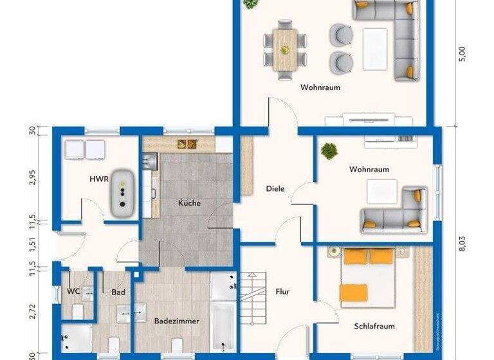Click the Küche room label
[x=190, y=203]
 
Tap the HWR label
[x=98, y=179]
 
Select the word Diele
[x=275, y=188]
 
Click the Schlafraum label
[x=374, y=326]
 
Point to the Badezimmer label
[x=176, y=321]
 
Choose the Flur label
[x=282, y=291]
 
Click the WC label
[x=73, y=291]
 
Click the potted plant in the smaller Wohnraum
[x=329, y=152]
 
